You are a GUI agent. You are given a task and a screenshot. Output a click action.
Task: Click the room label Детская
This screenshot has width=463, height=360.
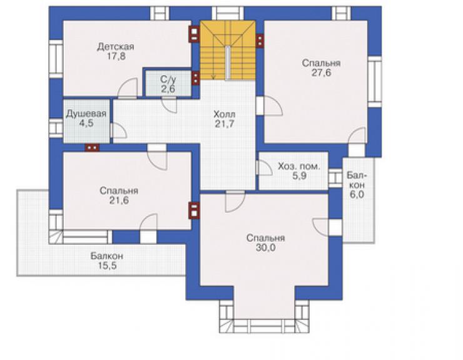click(116, 47)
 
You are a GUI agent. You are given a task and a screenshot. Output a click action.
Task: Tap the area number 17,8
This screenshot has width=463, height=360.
click(116, 56)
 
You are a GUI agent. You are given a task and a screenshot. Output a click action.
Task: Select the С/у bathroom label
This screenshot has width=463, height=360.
click(168, 80)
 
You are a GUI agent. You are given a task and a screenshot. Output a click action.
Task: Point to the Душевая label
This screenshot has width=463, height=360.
click(86, 113)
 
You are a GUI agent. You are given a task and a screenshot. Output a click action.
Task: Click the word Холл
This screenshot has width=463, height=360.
click(225, 114)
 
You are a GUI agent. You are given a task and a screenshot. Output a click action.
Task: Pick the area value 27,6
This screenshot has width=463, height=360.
click(321, 73)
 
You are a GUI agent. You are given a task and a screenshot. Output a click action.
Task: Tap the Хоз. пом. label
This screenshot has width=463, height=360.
click(299, 166)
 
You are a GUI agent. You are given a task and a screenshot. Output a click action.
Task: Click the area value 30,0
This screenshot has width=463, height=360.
click(266, 247)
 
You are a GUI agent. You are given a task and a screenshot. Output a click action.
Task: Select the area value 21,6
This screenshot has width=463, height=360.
click(119, 200)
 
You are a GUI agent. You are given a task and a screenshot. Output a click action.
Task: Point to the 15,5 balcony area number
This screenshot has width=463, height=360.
click(107, 265)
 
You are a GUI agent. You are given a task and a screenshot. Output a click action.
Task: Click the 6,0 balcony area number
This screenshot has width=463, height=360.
click(357, 195)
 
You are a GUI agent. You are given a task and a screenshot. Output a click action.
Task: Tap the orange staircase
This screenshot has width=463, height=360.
click(228, 50)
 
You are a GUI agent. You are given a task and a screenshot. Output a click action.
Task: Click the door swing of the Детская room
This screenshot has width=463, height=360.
click(128, 88)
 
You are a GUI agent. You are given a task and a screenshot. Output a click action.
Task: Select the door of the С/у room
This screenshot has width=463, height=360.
click(169, 105)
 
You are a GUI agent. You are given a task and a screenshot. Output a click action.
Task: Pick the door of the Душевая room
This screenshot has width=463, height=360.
click(118, 131)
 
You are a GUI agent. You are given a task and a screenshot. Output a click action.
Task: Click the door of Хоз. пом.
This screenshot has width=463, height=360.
click(263, 168)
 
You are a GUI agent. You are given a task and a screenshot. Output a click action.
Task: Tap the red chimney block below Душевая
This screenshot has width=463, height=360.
click(92, 147)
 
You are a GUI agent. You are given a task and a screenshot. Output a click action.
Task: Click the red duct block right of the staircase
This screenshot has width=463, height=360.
click(260, 41)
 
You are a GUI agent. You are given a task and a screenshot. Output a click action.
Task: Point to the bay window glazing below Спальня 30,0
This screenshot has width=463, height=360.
click(264, 326)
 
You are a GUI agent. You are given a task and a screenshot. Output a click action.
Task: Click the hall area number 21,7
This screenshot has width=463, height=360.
click(225, 123)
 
